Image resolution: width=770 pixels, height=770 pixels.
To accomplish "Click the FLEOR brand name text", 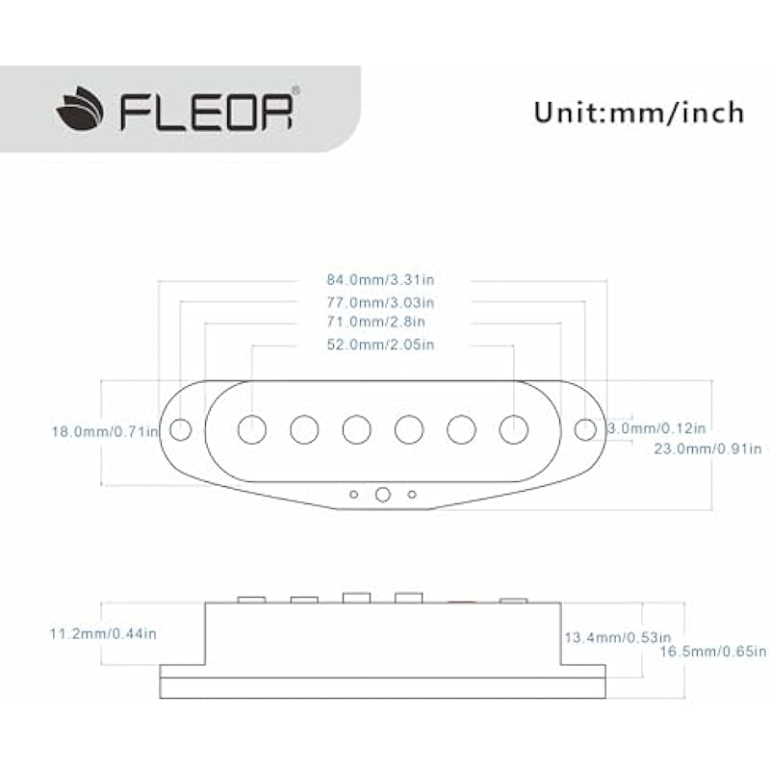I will click(205, 112).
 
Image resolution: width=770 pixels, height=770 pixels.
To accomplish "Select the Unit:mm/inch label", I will click(639, 112).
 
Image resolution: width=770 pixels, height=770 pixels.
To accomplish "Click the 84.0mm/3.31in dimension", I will click(382, 280).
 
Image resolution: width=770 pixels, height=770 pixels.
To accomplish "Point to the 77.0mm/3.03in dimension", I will click(382, 301).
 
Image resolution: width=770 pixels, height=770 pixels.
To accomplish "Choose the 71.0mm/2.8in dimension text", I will click(376, 321).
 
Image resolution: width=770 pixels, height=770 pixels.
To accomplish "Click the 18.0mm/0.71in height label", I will click(104, 431).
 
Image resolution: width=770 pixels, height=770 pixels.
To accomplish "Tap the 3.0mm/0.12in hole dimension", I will click(657, 427).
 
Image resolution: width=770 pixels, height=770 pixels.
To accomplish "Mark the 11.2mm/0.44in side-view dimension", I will click(102, 633).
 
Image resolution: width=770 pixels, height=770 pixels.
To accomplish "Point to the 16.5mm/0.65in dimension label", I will click(712, 652).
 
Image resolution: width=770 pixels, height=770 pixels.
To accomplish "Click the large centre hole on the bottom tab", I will click(383, 494).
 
